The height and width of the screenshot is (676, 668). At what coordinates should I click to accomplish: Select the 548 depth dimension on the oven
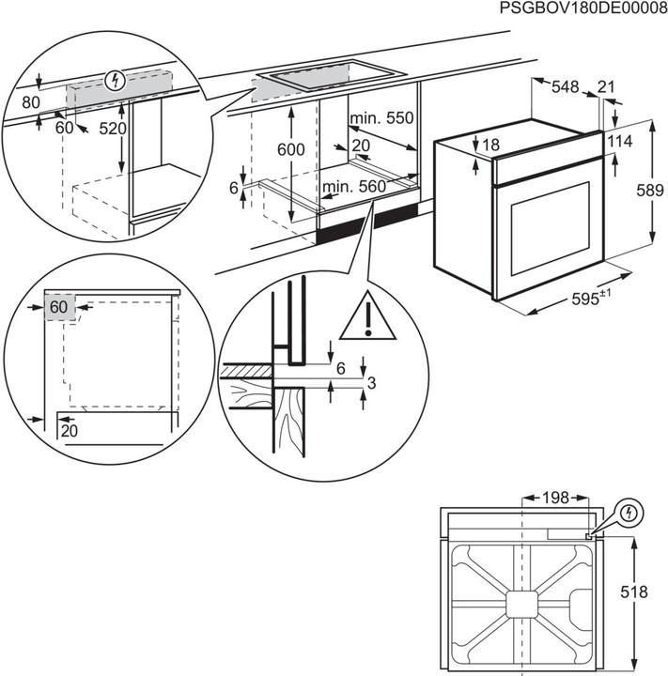565,87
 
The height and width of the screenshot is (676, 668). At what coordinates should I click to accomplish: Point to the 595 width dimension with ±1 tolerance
591,299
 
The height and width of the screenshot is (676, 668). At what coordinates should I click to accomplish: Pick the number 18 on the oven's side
490,146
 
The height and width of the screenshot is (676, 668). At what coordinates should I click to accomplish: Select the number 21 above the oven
606,87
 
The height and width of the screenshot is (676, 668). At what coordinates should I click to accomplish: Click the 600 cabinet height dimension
291,150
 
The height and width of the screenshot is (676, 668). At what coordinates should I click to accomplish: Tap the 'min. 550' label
381,119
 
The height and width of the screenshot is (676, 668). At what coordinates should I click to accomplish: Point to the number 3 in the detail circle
373,383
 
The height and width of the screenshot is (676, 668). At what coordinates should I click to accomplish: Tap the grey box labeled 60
59,308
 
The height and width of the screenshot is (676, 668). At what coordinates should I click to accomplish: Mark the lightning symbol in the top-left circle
115,80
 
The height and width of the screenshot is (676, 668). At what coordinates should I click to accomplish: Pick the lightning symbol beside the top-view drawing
629,514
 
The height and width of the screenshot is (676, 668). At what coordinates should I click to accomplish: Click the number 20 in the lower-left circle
69,430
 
